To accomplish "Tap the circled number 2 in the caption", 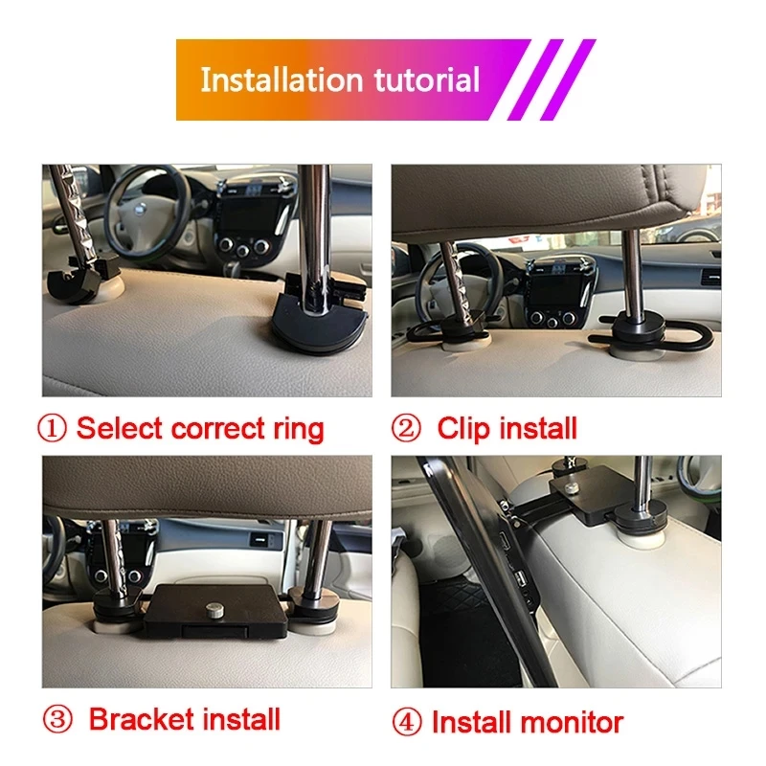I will (406, 428).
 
